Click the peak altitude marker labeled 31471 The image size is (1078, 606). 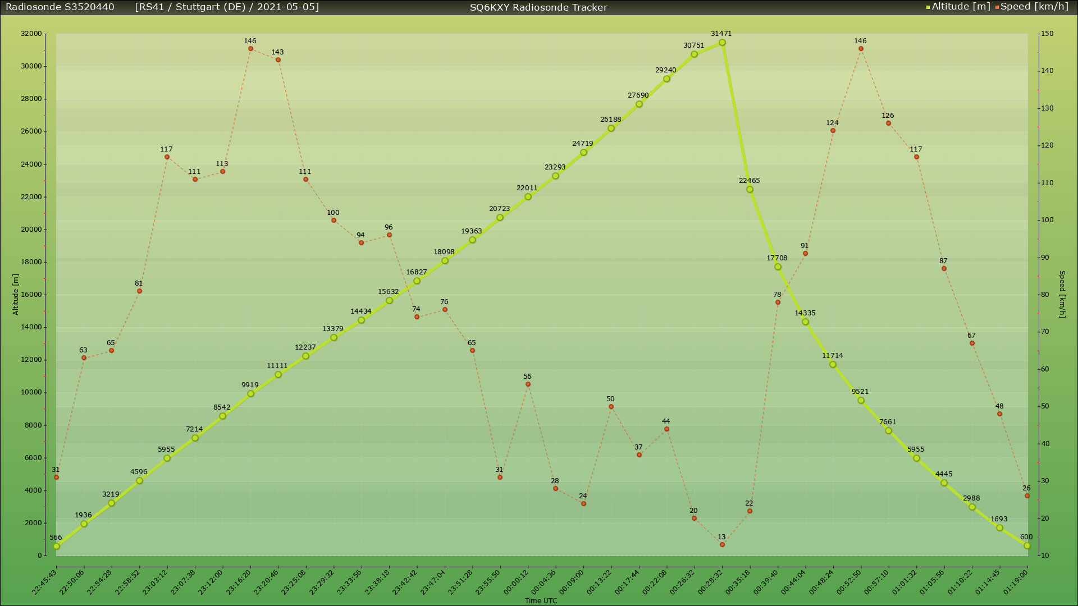[x=722, y=43]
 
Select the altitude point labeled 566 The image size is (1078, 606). [x=56, y=546]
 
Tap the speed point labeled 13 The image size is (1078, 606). [x=722, y=544]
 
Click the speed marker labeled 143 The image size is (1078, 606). [x=278, y=60]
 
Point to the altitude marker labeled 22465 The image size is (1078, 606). [x=750, y=190]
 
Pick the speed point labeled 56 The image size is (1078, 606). [x=528, y=384]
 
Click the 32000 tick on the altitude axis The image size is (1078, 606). [x=31, y=34]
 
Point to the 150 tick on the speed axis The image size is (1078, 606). [x=1047, y=34]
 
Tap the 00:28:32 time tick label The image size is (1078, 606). [x=711, y=582]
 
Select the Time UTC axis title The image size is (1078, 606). [x=541, y=600]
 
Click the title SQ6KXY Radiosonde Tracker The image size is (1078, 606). [x=538, y=7]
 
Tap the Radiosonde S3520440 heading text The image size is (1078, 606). [x=60, y=7]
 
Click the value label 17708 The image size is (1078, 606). [x=776, y=258]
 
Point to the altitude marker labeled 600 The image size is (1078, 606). [x=1027, y=545]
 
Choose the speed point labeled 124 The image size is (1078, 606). [x=833, y=131]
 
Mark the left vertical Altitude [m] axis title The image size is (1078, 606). [x=16, y=295]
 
